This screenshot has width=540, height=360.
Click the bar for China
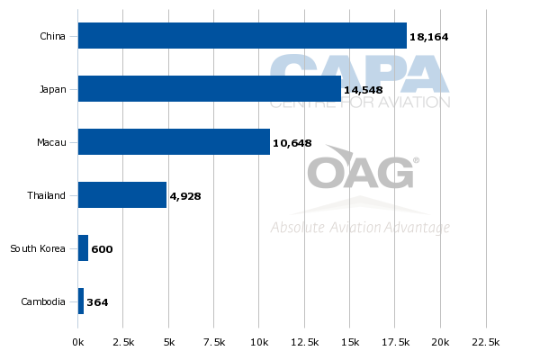(242, 35)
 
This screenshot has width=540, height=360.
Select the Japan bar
(210, 88)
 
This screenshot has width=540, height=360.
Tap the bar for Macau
(174, 141)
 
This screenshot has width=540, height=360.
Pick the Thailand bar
(122, 194)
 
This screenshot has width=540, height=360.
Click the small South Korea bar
(83, 248)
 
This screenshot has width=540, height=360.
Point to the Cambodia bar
(81, 301)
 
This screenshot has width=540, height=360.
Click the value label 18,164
(428, 37)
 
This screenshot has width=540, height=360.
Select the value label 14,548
(364, 90)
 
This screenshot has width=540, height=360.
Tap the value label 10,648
(292, 143)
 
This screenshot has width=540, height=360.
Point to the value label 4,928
(185, 196)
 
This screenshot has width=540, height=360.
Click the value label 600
(102, 249)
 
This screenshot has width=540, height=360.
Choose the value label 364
(97, 302)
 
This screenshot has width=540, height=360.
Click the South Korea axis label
(38, 248)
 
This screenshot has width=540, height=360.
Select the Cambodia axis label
(43, 301)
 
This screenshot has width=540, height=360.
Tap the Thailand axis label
(46, 195)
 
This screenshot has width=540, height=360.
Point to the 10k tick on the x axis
(259, 342)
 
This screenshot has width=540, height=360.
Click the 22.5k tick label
(486, 342)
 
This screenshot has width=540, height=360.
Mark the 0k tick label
(77, 342)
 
